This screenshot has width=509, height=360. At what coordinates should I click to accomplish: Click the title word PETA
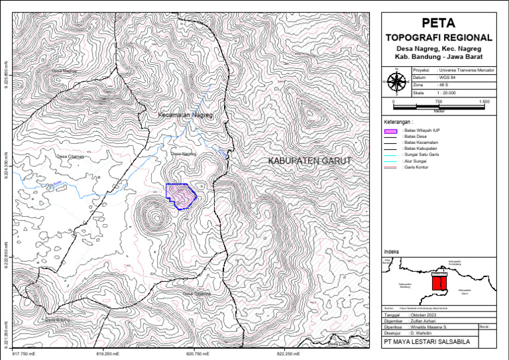click(438, 23)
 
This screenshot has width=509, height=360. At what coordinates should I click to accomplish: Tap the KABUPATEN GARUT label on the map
click(310, 161)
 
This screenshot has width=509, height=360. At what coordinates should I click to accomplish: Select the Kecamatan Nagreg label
click(187, 115)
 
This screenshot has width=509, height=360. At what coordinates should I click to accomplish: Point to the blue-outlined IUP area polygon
click(180, 195)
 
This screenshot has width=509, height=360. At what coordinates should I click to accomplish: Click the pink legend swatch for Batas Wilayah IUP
click(390, 132)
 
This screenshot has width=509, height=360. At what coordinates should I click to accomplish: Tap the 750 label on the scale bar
click(439, 101)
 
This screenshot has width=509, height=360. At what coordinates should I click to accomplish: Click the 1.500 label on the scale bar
click(484, 101)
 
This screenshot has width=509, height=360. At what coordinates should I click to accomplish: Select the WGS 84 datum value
click(447, 78)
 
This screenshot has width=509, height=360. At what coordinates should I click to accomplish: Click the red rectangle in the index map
click(439, 283)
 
